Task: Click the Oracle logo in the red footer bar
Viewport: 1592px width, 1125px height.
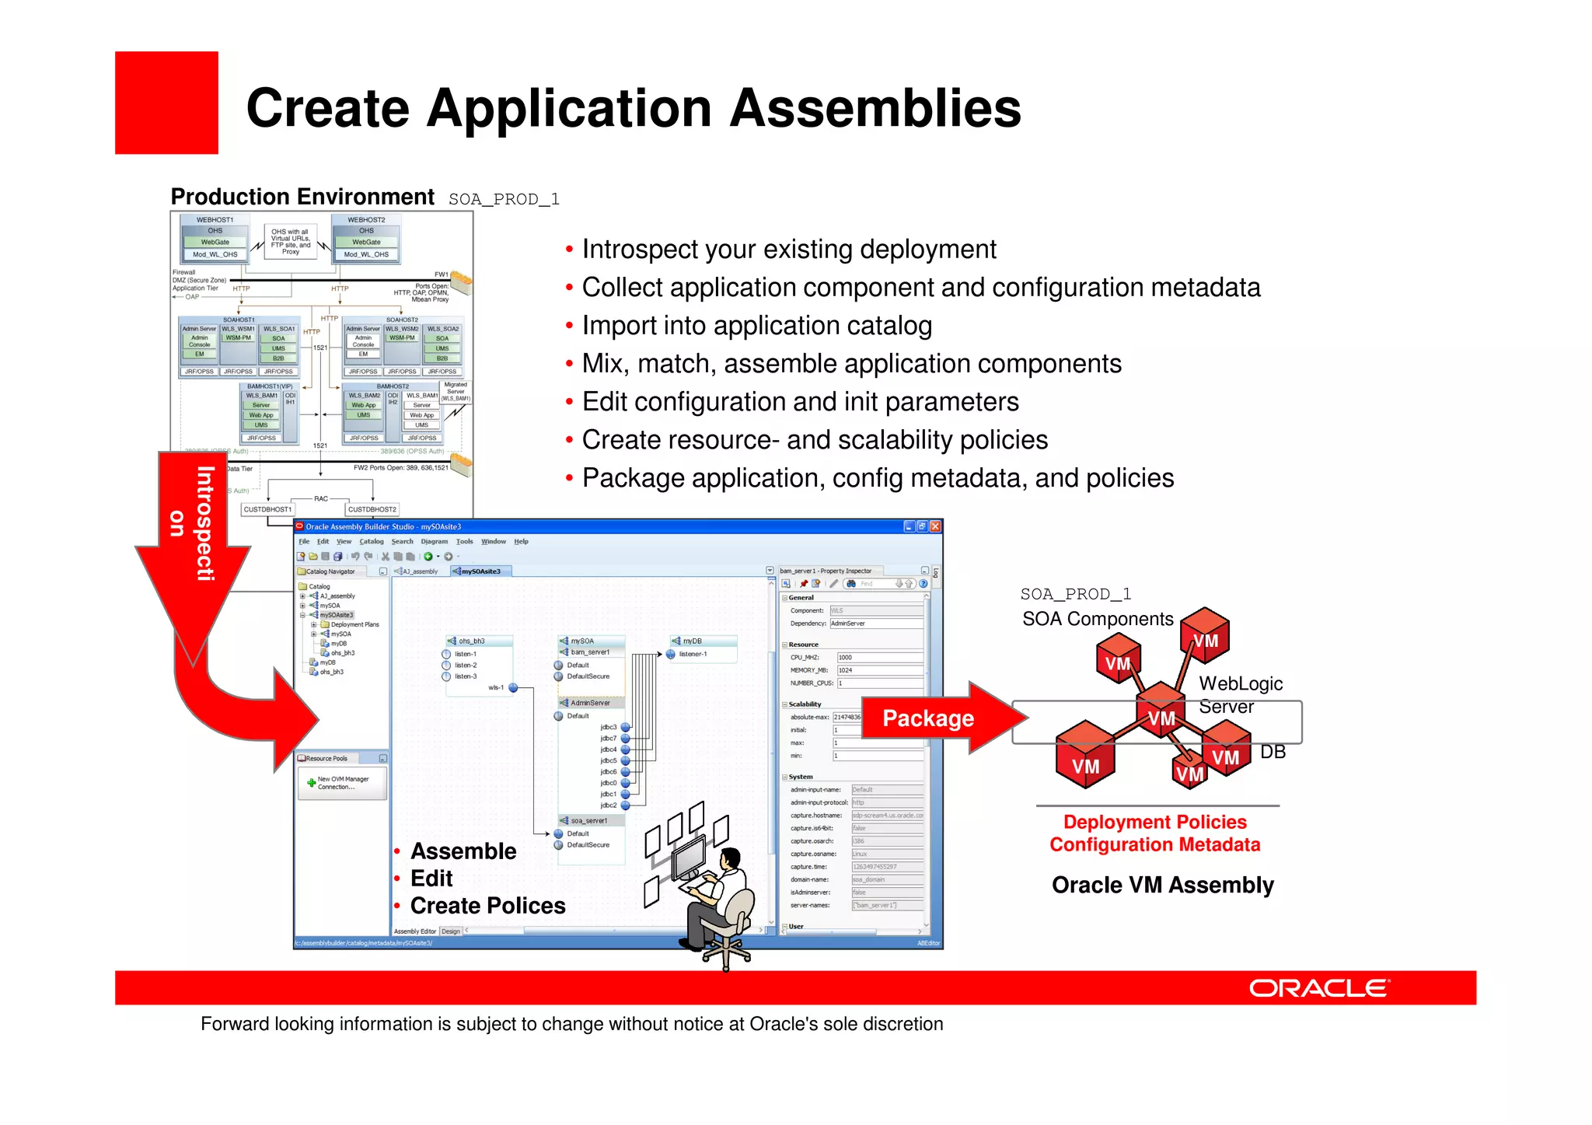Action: (1318, 988)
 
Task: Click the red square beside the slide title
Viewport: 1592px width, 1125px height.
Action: (166, 103)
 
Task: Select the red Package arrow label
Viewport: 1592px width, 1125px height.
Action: (928, 718)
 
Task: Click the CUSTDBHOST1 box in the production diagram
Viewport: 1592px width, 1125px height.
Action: (267, 509)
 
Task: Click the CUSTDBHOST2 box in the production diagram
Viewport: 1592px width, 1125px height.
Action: (372, 509)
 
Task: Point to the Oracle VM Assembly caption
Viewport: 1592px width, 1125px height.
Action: (1162, 885)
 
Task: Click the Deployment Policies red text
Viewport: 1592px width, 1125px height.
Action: (1154, 822)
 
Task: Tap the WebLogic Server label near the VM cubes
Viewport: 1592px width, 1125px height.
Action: (1240, 694)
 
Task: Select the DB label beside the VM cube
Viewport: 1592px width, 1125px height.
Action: (1273, 752)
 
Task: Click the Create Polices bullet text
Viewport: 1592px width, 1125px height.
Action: (487, 906)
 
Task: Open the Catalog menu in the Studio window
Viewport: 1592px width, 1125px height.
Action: (371, 541)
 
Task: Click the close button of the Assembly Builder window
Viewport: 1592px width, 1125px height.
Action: (935, 526)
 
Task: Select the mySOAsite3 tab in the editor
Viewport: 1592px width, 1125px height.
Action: (480, 571)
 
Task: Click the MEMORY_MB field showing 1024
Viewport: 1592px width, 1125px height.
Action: (878, 670)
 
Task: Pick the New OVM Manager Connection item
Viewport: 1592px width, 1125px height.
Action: (342, 783)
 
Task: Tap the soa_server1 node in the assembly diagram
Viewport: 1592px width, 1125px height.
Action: (588, 820)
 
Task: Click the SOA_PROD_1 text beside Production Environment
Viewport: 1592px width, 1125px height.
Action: (504, 199)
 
